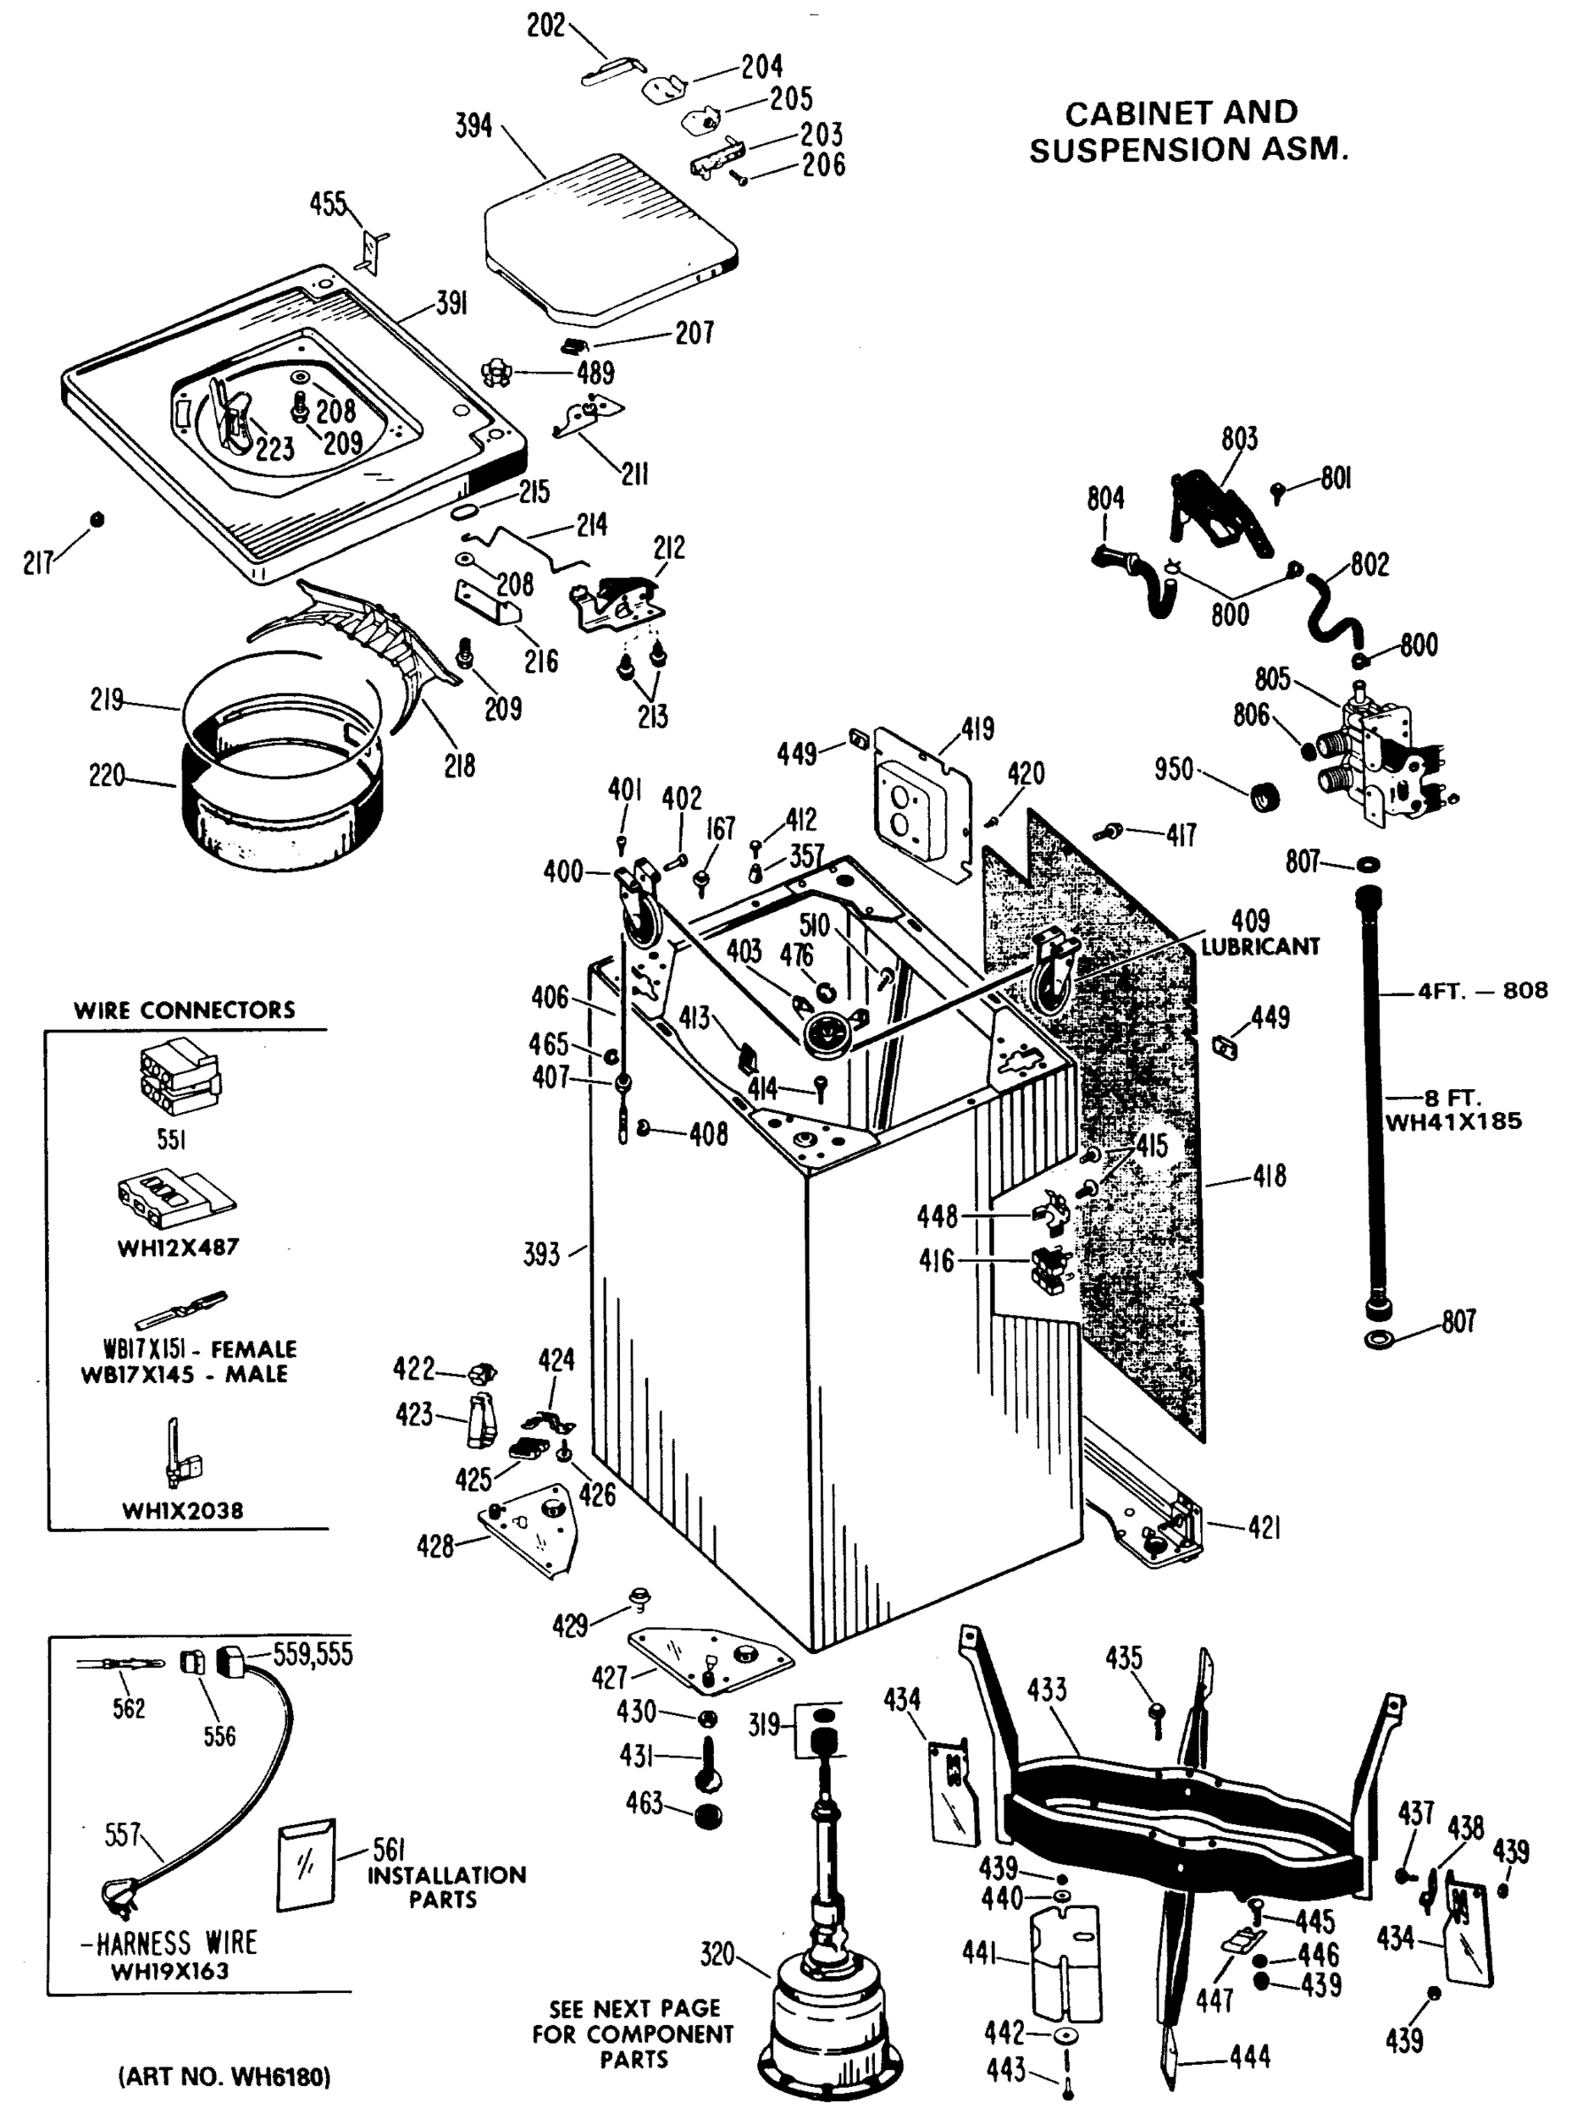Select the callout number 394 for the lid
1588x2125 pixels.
point(474,126)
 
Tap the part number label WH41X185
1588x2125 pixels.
point(1452,1121)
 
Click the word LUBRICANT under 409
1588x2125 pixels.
point(1259,947)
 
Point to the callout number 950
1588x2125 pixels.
point(1173,769)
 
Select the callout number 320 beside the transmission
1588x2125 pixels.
point(717,1954)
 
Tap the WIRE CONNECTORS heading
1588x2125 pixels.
point(184,1009)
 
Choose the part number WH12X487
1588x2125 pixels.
point(178,1248)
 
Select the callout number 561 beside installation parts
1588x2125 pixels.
point(388,1850)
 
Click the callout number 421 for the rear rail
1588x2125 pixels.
point(1263,1527)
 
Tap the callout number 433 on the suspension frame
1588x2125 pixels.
point(1046,1689)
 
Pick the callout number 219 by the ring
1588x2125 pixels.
point(106,699)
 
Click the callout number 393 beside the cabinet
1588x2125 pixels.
point(541,1255)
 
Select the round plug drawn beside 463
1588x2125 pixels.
point(708,1818)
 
